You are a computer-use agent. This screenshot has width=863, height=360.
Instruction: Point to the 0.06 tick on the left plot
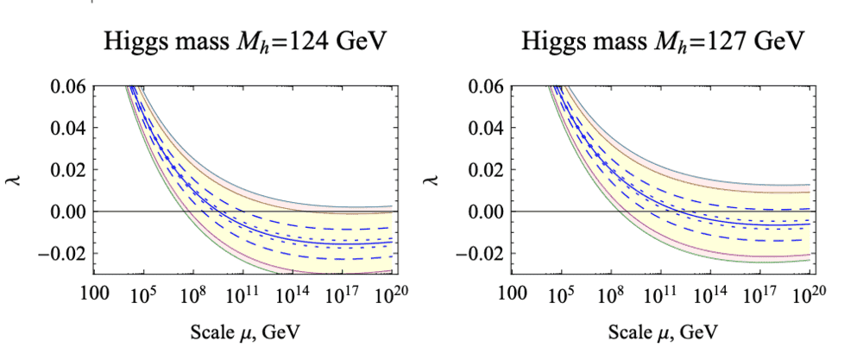click(x=70, y=86)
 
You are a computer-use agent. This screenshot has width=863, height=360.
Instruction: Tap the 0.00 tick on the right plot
click(x=488, y=212)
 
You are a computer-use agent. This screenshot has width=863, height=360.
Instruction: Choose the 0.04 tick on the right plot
click(x=488, y=129)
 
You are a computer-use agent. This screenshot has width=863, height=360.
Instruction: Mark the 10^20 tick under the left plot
click(x=392, y=294)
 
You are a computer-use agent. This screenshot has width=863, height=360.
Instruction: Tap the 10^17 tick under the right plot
click(x=761, y=294)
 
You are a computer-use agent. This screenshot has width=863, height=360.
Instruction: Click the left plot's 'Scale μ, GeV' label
click(x=245, y=332)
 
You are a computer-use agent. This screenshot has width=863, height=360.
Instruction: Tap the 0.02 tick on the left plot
click(x=70, y=170)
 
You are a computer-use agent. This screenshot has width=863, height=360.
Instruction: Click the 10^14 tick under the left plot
click(x=292, y=294)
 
